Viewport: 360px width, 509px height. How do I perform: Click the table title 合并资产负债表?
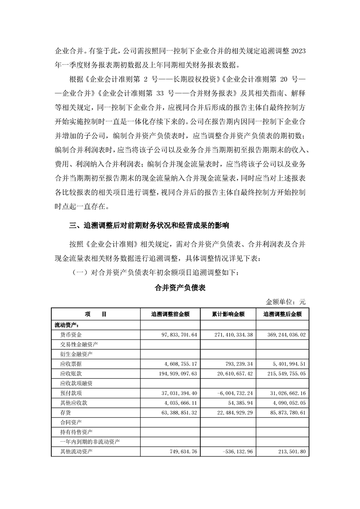click(x=180, y=289)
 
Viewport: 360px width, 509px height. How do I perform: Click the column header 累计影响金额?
click(x=228, y=314)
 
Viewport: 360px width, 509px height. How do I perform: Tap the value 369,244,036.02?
click(x=288, y=334)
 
